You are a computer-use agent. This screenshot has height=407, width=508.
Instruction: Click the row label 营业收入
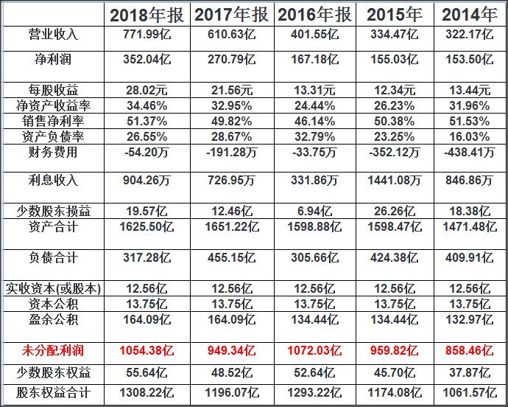(52, 35)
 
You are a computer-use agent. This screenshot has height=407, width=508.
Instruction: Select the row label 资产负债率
(52, 137)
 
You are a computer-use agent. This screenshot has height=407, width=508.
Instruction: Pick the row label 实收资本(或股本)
(52, 288)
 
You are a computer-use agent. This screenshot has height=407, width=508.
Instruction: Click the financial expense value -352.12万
(395, 153)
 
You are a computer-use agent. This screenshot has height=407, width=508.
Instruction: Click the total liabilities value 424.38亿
(395, 258)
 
